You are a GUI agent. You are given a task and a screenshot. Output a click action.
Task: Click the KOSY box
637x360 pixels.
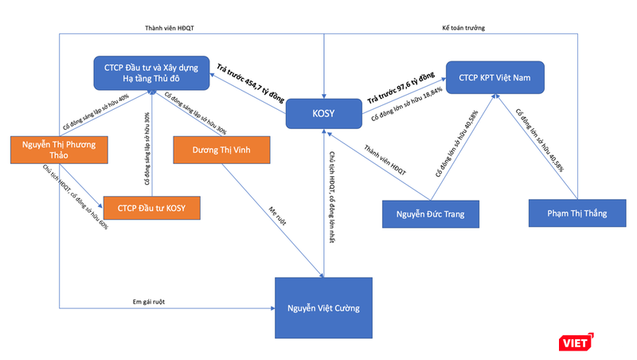coord(324,114)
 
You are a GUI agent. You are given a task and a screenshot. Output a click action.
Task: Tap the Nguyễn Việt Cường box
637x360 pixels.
coord(324,307)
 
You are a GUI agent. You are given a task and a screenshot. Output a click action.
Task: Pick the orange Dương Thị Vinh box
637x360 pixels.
coord(221,149)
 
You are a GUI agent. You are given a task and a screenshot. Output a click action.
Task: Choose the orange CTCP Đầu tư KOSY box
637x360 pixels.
coord(151,208)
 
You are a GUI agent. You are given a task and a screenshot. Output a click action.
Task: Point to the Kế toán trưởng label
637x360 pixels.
coord(463,28)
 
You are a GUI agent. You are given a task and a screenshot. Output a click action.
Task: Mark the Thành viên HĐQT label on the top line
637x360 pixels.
coord(170,28)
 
